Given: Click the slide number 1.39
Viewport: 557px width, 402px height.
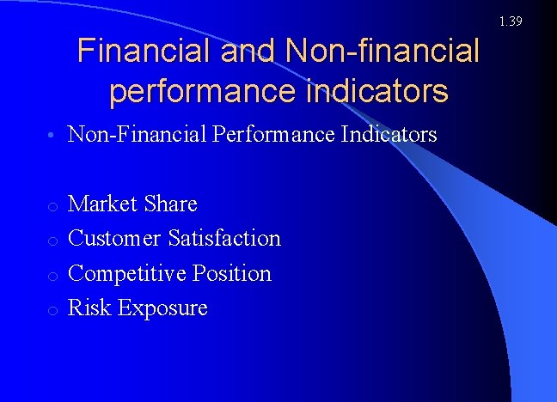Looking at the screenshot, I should [510, 21].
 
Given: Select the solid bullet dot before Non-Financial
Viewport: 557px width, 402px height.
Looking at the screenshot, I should [53, 136].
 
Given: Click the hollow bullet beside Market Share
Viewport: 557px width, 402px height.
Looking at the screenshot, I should [53, 206].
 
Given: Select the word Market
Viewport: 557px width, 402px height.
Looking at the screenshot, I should [103, 204].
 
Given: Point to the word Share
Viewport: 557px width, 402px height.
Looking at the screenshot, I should [171, 204].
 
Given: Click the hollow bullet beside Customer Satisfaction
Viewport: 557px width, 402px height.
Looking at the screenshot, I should [53, 241].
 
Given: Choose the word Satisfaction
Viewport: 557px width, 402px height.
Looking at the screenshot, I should [224, 238].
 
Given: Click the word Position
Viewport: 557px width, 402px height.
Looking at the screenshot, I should [231, 273].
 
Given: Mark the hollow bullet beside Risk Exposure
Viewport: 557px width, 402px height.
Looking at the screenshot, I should [53, 310].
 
